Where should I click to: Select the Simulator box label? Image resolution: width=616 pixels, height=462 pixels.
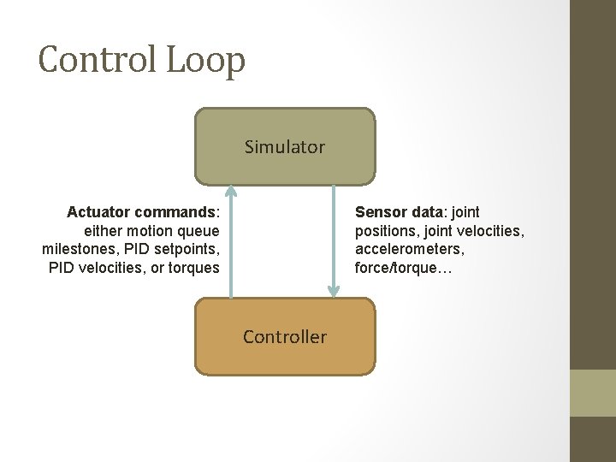pos(285,147)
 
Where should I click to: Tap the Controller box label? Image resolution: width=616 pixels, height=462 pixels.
pos(285,337)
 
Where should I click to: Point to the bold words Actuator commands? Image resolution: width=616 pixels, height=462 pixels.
pos(142,212)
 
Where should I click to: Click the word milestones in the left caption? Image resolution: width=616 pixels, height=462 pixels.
pos(78,250)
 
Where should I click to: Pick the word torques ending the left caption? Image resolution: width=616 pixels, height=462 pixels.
pos(195,268)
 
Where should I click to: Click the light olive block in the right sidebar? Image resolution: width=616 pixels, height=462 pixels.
pos(593,393)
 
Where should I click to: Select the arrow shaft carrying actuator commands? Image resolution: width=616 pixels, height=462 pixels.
pos(231,248)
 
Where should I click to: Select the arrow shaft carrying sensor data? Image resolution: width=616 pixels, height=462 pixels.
pos(333,240)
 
